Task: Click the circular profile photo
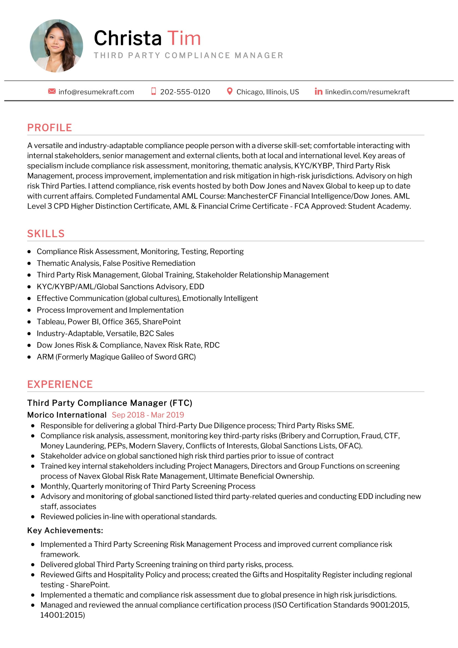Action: coord(57,46)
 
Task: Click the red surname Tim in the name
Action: coord(184,38)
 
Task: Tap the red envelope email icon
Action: coord(52,91)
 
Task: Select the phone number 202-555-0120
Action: coord(185,92)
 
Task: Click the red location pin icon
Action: coord(230,91)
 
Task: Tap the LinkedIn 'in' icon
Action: coord(318,91)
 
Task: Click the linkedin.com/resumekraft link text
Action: coord(367,92)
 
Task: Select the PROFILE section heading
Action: coord(50,127)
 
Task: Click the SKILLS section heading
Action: coord(46,234)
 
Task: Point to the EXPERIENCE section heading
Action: coord(60,385)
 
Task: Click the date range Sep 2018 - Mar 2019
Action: coord(148,415)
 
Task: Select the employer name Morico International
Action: coord(67,415)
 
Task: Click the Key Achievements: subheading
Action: coord(65,531)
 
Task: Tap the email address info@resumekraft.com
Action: coord(96,92)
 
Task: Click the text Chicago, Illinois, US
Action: coord(268,92)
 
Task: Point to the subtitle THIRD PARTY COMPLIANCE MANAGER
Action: coord(188,55)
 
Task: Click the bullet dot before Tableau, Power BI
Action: coord(29,322)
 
